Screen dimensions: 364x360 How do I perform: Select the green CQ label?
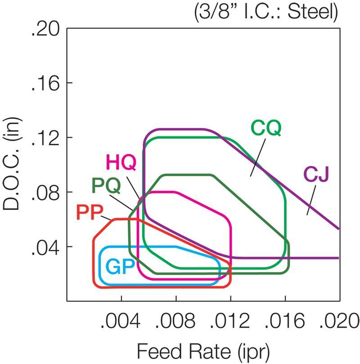[x=266, y=129]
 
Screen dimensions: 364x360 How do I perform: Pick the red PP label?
[x=91, y=212]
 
